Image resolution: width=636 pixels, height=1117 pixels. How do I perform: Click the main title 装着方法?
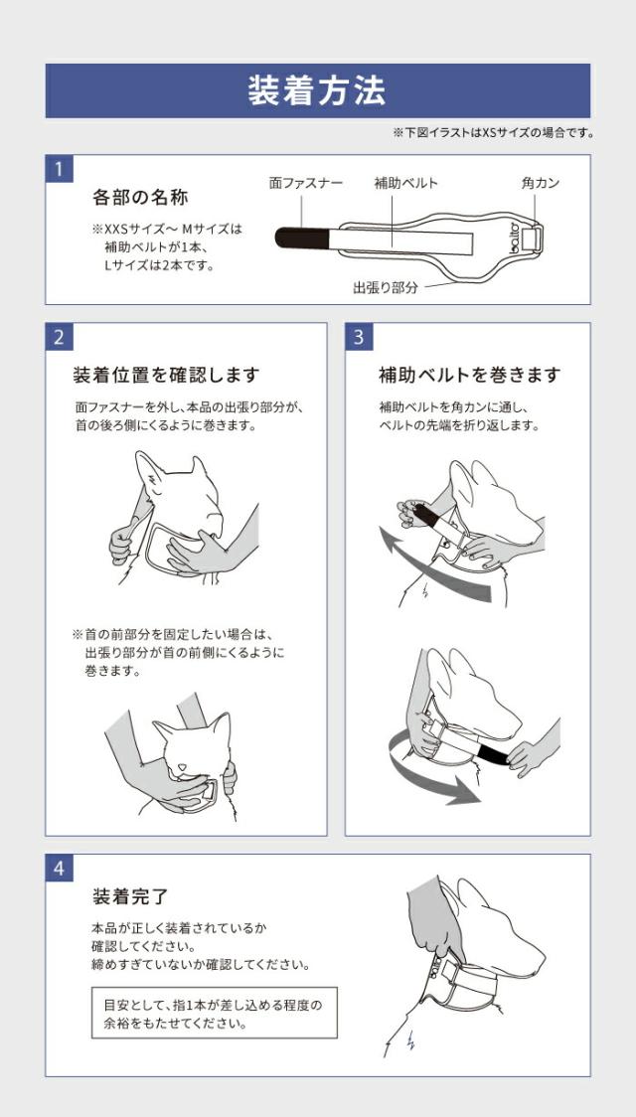(x=317, y=91)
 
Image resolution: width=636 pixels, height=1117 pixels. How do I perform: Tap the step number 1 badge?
(x=59, y=168)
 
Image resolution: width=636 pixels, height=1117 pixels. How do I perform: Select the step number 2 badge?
(x=59, y=336)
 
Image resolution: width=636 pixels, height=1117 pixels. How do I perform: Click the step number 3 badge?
(x=359, y=336)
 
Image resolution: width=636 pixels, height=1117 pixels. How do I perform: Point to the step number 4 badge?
(x=59, y=868)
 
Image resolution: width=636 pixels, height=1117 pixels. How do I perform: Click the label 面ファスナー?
(x=306, y=183)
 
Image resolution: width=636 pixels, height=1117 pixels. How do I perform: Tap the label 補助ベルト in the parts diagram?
(x=405, y=183)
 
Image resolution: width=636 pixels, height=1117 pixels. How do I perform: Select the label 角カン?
(x=541, y=183)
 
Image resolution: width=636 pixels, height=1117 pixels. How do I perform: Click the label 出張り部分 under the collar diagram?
(x=386, y=287)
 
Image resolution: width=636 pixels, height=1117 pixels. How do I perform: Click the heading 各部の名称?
(x=140, y=197)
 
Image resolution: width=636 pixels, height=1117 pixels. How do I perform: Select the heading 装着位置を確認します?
(x=166, y=376)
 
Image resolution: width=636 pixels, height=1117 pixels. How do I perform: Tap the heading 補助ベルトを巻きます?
(x=469, y=376)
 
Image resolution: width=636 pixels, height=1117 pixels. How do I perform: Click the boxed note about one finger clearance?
(x=214, y=1013)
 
